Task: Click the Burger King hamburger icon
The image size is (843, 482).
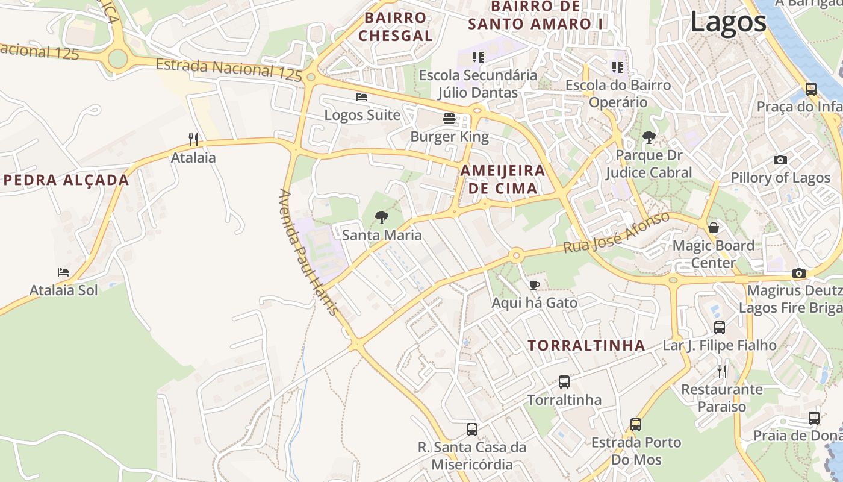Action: coord(449,119)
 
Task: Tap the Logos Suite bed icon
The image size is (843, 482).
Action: coord(362,96)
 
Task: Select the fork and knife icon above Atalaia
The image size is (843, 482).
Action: coord(193,140)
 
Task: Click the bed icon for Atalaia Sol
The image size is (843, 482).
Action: coord(63,272)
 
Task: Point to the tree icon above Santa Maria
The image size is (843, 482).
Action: coord(381,218)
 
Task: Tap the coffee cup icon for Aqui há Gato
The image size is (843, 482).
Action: coord(534,285)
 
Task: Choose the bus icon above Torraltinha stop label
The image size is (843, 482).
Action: coord(564,381)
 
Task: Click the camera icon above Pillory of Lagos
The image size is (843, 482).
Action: coord(780,160)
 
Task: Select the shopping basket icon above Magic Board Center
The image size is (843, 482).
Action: coord(714,228)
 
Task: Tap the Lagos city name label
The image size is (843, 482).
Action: coord(728,22)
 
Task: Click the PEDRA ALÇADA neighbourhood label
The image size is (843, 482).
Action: coord(66,180)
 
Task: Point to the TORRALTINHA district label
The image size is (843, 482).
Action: coord(586,345)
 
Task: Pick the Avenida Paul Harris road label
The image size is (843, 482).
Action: coord(308,252)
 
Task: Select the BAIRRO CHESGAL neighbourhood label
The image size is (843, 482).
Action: coord(396,27)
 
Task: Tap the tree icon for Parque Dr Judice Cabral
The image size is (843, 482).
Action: coord(649,137)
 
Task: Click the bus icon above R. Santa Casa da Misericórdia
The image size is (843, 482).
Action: coord(472,430)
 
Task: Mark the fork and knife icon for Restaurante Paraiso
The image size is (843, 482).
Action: coord(722,371)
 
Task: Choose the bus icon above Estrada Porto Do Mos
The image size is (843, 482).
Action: coord(636,425)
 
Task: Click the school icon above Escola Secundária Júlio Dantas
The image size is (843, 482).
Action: coord(478,57)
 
